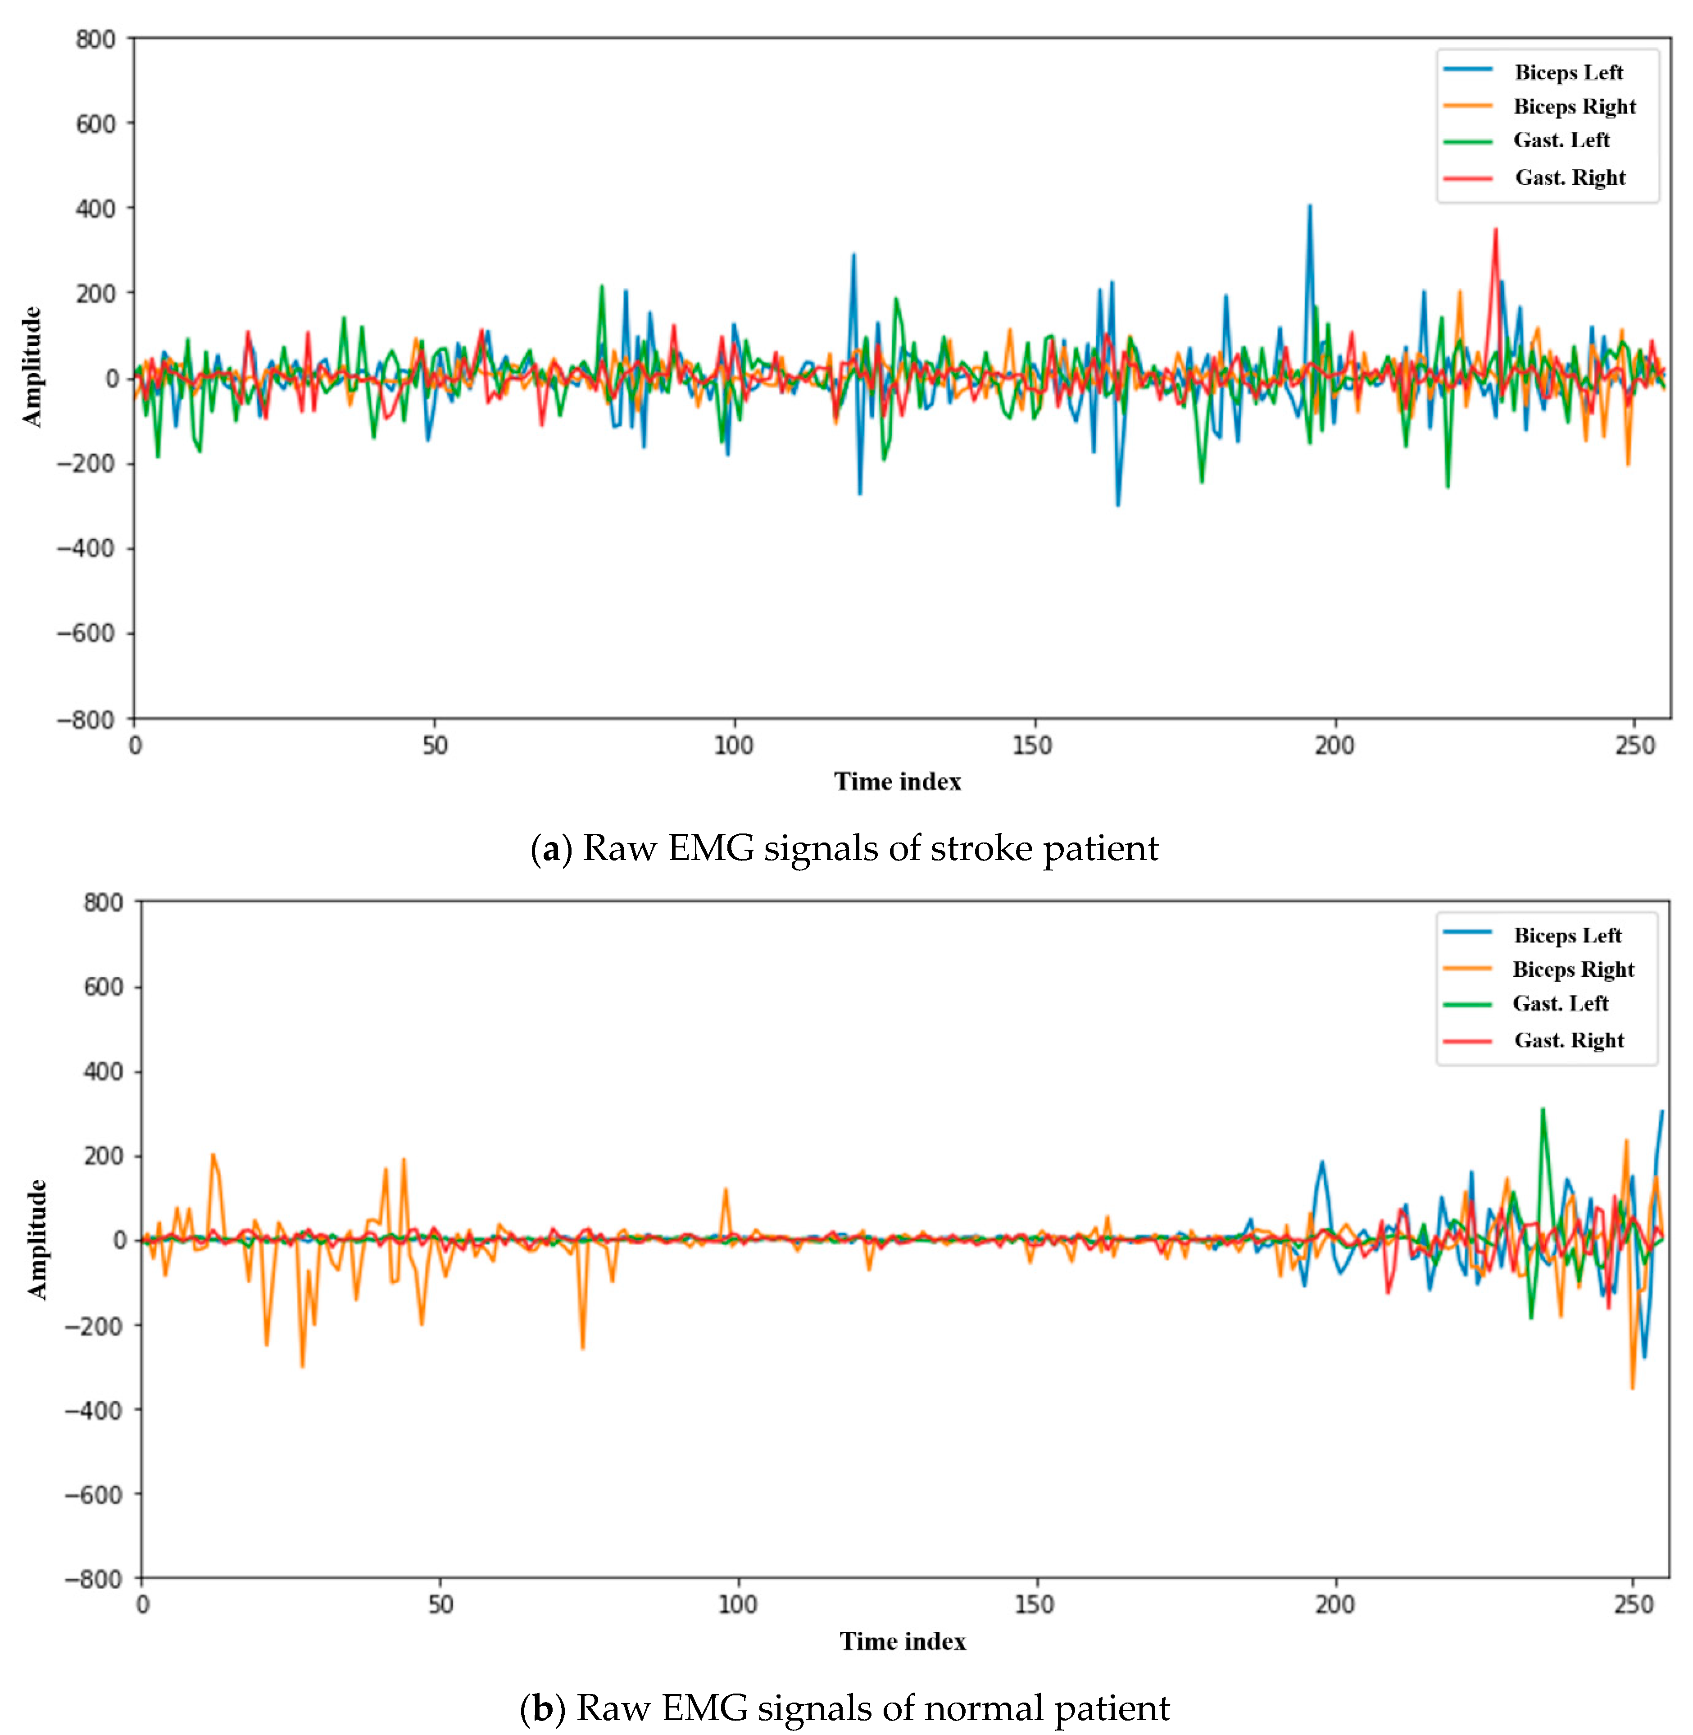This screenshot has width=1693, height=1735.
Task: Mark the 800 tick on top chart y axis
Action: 95,39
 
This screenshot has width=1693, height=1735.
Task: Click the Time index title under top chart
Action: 897,782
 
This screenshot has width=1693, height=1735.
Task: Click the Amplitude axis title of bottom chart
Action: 36,1240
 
